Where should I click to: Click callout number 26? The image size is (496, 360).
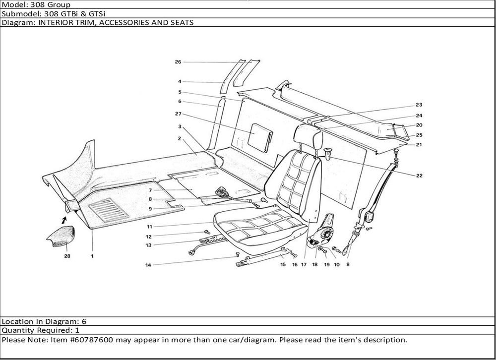(178, 62)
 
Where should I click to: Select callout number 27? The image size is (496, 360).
(178, 114)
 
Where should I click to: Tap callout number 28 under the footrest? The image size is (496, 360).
(67, 256)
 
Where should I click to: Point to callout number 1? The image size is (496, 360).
(92, 256)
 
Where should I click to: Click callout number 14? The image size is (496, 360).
(148, 265)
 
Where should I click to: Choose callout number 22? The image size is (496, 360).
(419, 175)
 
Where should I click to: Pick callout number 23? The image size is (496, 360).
(419, 105)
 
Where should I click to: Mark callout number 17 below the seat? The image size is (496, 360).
(303, 265)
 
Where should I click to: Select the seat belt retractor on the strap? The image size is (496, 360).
(370, 216)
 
